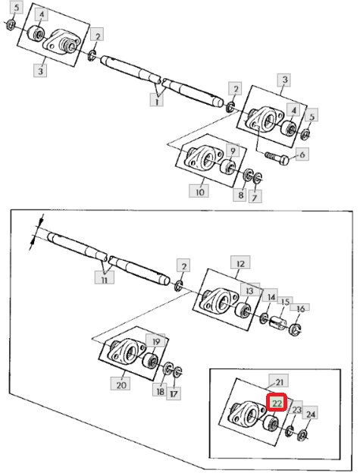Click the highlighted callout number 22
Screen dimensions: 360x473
(277, 403)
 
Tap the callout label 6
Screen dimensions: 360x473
(302, 155)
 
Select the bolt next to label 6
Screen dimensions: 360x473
(277, 158)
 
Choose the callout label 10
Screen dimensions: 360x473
(199, 191)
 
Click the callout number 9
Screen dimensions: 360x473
(233, 150)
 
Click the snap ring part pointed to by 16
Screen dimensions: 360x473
(294, 329)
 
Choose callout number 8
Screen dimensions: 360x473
(240, 194)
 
